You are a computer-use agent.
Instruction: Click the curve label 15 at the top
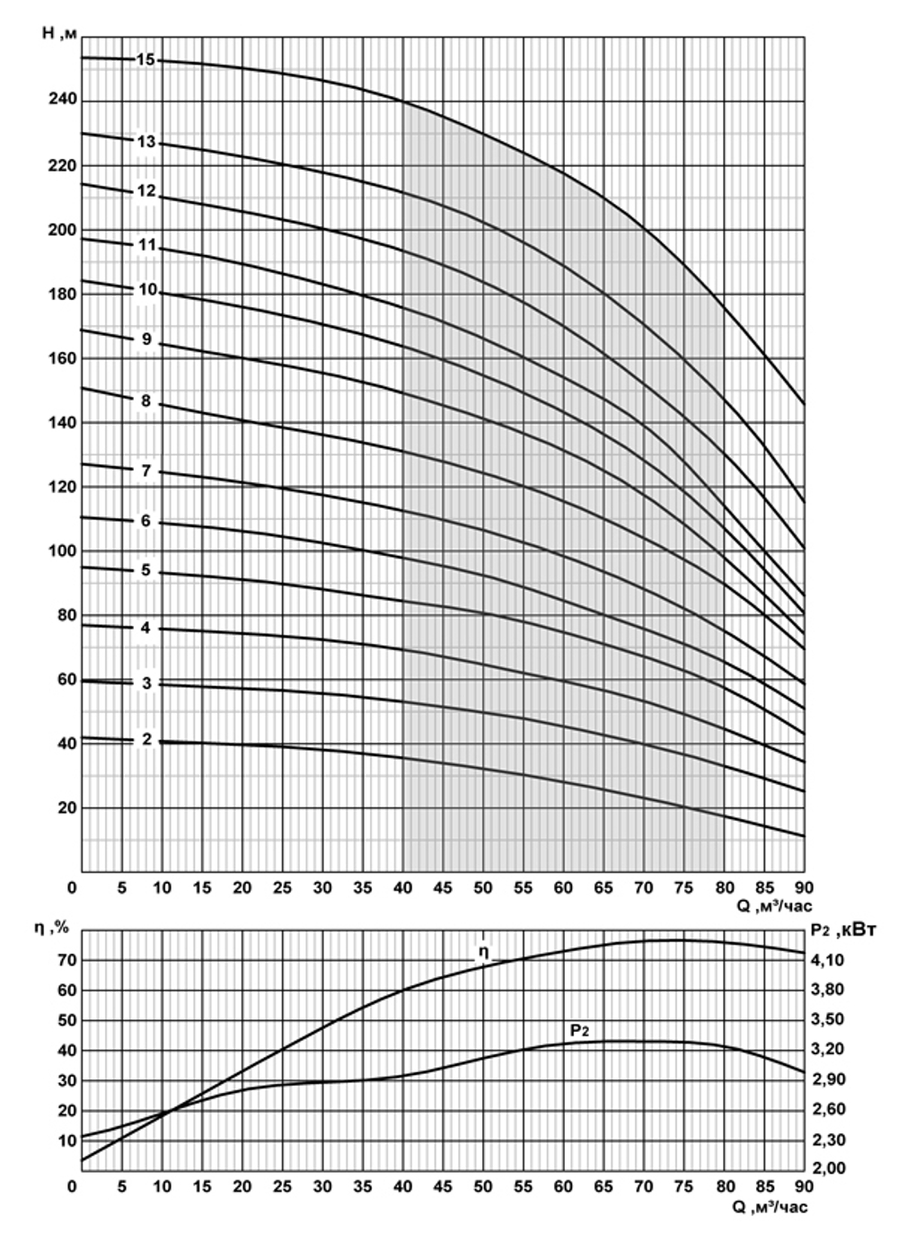[x=146, y=60]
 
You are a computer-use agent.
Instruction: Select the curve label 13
[x=146, y=142]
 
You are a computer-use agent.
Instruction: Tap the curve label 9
[x=146, y=340]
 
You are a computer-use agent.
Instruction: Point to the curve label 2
[x=146, y=740]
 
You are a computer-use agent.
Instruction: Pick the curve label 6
[x=146, y=522]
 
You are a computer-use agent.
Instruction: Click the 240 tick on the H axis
[x=63, y=101]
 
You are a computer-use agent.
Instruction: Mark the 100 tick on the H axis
[x=63, y=551]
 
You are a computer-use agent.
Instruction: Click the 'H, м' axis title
[x=61, y=33]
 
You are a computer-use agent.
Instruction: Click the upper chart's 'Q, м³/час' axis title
[x=775, y=907]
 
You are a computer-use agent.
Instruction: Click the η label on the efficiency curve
[x=483, y=952]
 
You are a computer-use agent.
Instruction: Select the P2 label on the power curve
[x=579, y=1030]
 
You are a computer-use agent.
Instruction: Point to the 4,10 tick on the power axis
[x=827, y=960]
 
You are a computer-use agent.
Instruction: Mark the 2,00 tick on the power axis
[x=827, y=1168]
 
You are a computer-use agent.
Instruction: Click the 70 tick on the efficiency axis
[x=66, y=960]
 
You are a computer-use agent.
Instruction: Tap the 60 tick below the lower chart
[x=563, y=1186]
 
